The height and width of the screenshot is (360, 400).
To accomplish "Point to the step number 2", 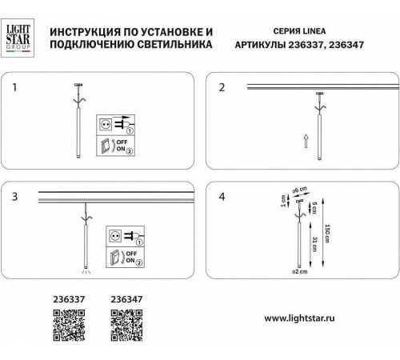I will (x=223, y=86).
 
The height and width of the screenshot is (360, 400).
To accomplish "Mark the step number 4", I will (x=223, y=196).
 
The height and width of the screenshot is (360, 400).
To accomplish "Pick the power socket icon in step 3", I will (x=116, y=238).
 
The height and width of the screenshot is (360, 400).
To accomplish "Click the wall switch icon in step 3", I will (x=116, y=258).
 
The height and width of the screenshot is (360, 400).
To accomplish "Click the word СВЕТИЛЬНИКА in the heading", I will (x=175, y=46).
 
